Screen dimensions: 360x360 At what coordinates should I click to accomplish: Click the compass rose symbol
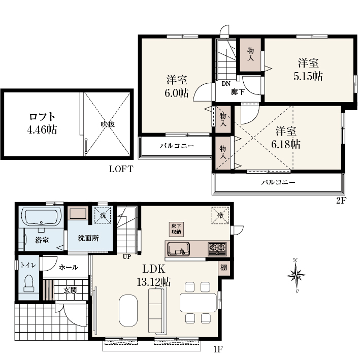click(x=296, y=275)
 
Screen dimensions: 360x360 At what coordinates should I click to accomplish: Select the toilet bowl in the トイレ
click(x=29, y=283)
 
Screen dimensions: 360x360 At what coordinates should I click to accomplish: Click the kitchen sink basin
click(x=179, y=249)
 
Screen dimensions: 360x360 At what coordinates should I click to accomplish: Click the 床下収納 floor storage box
click(x=176, y=229)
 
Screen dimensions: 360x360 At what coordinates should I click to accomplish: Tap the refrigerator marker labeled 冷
click(x=220, y=215)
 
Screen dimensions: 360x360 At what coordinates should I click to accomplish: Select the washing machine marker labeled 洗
click(x=103, y=215)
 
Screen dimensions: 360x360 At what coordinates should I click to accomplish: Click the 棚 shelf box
click(x=224, y=268)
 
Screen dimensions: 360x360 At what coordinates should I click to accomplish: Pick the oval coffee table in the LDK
click(x=128, y=310)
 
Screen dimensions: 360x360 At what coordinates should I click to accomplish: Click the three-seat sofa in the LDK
click(x=157, y=311)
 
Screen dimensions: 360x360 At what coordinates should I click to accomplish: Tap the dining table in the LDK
click(x=198, y=303)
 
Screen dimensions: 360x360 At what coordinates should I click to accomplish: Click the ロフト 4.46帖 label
click(x=42, y=123)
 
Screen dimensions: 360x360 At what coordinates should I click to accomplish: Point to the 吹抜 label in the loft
click(x=108, y=124)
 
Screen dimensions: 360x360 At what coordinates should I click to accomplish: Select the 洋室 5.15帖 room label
click(x=308, y=70)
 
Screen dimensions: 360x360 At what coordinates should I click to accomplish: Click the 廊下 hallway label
click(x=238, y=92)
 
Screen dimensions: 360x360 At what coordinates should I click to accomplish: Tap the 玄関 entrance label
click(x=70, y=290)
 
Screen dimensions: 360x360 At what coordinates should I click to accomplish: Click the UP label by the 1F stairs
click(x=127, y=257)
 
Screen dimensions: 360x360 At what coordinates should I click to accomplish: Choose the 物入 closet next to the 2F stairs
click(x=250, y=55)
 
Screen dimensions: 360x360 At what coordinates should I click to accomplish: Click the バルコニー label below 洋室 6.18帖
click(x=278, y=182)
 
